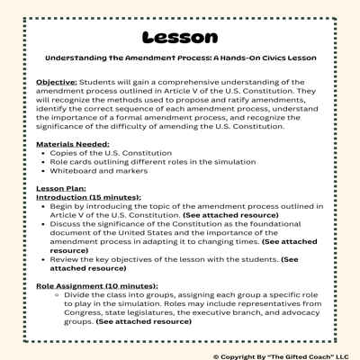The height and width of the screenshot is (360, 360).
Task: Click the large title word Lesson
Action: pyautogui.click(x=180, y=38)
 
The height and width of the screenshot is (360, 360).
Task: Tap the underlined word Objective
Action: pyautogui.click(x=57, y=82)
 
